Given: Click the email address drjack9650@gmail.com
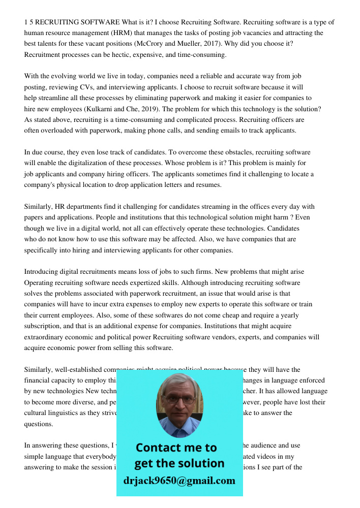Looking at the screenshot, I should point(179,481).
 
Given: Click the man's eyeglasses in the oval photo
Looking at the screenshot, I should point(178,399).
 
